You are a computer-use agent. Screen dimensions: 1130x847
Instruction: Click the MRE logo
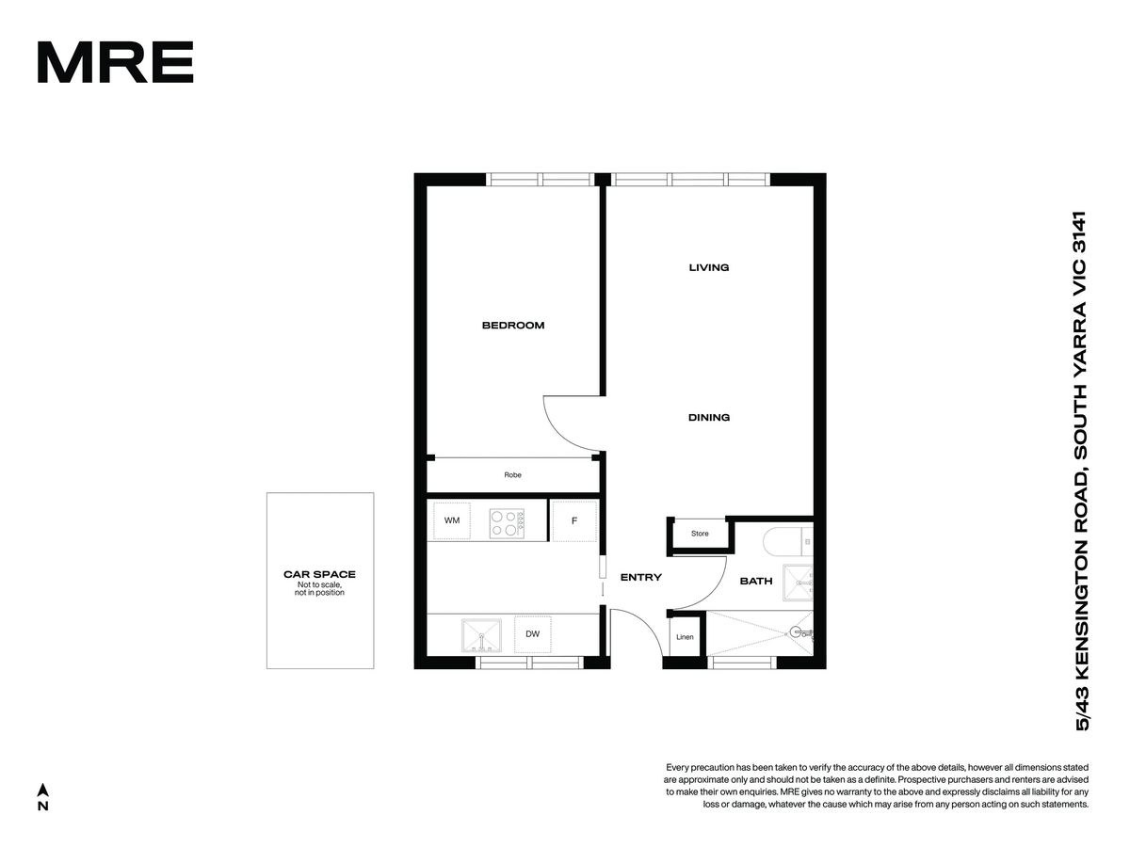[x=115, y=62]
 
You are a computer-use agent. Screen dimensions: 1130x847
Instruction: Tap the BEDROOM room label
[x=513, y=325]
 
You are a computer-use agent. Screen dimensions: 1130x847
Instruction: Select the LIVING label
[x=709, y=267]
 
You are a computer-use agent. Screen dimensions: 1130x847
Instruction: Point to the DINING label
[x=709, y=417]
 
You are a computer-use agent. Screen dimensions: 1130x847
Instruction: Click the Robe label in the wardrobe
[x=513, y=474]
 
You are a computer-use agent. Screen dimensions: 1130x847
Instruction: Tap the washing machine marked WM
[x=452, y=520]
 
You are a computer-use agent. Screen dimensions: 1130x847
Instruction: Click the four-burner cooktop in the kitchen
[x=507, y=523]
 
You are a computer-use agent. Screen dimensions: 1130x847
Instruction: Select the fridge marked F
[x=574, y=520]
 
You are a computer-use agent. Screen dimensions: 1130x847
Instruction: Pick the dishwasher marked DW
[x=533, y=634]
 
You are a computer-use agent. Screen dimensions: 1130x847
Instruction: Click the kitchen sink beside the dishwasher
[x=481, y=635]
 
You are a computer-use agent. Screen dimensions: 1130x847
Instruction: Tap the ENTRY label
[x=641, y=578]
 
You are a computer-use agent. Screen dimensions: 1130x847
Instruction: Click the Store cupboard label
[x=700, y=534]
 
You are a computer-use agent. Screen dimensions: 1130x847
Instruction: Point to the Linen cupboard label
[x=685, y=637]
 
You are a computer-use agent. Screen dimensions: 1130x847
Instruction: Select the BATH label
[x=756, y=581]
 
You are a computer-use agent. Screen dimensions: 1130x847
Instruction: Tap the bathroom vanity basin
[x=798, y=583]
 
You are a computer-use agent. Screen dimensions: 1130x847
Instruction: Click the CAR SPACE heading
[x=319, y=574]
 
